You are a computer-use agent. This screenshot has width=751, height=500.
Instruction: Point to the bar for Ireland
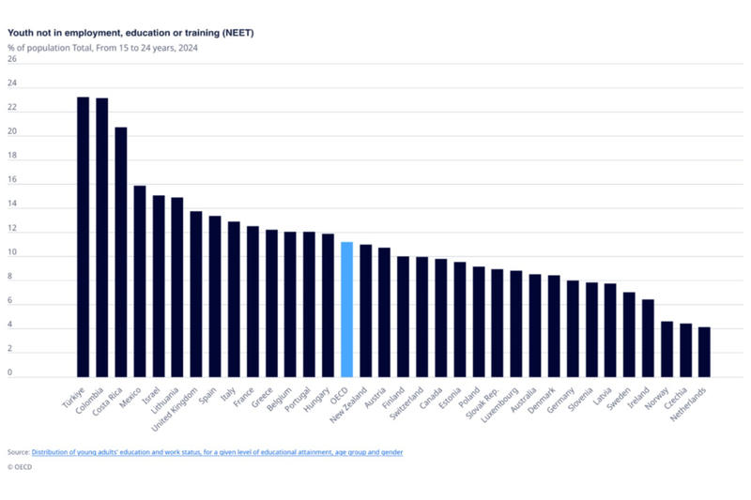coord(648,337)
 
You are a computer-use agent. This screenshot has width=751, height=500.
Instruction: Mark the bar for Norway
coord(667,348)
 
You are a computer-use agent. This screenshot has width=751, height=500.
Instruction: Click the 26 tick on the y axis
coord(12,59)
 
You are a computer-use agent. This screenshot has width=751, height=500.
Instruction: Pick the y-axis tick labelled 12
coord(12,228)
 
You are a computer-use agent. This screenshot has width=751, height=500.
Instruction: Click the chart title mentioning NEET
coord(130,33)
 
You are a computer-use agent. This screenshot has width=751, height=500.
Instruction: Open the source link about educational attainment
coord(217,452)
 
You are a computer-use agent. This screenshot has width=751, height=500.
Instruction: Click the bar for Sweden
coord(629,333)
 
